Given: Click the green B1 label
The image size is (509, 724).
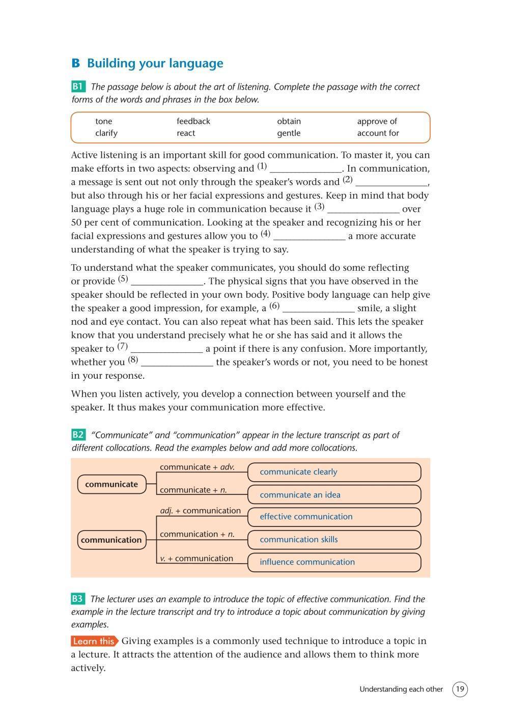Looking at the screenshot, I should (x=78, y=87).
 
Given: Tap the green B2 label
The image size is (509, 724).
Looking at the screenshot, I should (x=78, y=435).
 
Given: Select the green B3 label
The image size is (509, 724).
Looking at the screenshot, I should (x=78, y=599).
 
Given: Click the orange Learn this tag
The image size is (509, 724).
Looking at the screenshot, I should (x=94, y=641).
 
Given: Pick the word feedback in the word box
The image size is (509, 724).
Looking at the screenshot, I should (x=193, y=121).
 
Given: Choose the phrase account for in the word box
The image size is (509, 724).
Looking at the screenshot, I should (x=378, y=133).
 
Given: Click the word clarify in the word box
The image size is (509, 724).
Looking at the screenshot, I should (x=106, y=133).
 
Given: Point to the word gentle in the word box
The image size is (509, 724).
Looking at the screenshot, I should (x=289, y=133).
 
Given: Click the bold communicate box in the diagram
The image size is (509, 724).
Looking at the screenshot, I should (x=111, y=484).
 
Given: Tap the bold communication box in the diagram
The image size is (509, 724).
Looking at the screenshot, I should (x=111, y=540).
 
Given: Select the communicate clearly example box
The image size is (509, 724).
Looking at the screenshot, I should (x=334, y=472).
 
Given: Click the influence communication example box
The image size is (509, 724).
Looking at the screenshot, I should (x=334, y=562).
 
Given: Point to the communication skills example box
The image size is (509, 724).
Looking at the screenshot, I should (x=334, y=540).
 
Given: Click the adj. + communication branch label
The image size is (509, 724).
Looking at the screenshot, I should (x=200, y=511).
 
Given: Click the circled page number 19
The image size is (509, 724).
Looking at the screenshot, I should (x=460, y=689).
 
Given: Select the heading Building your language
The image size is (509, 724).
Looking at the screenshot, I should (x=155, y=64).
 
